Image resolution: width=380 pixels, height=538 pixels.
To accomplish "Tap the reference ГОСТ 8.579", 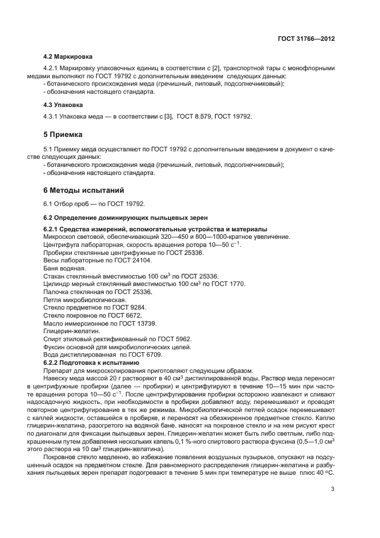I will (193, 117).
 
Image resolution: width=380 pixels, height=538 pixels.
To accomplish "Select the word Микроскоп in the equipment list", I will (60, 237).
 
